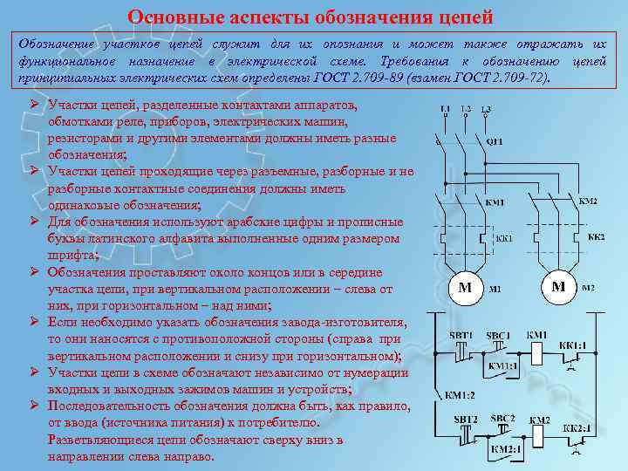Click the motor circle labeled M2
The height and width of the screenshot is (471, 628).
pos(559,286)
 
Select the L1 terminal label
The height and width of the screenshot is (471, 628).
pos(445,108)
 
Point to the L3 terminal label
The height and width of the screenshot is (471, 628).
pos(485,108)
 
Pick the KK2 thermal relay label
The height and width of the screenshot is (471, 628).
pos(597,237)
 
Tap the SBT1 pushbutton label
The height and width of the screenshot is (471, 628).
pos(462,336)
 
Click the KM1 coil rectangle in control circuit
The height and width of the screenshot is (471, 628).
pos(537,352)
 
